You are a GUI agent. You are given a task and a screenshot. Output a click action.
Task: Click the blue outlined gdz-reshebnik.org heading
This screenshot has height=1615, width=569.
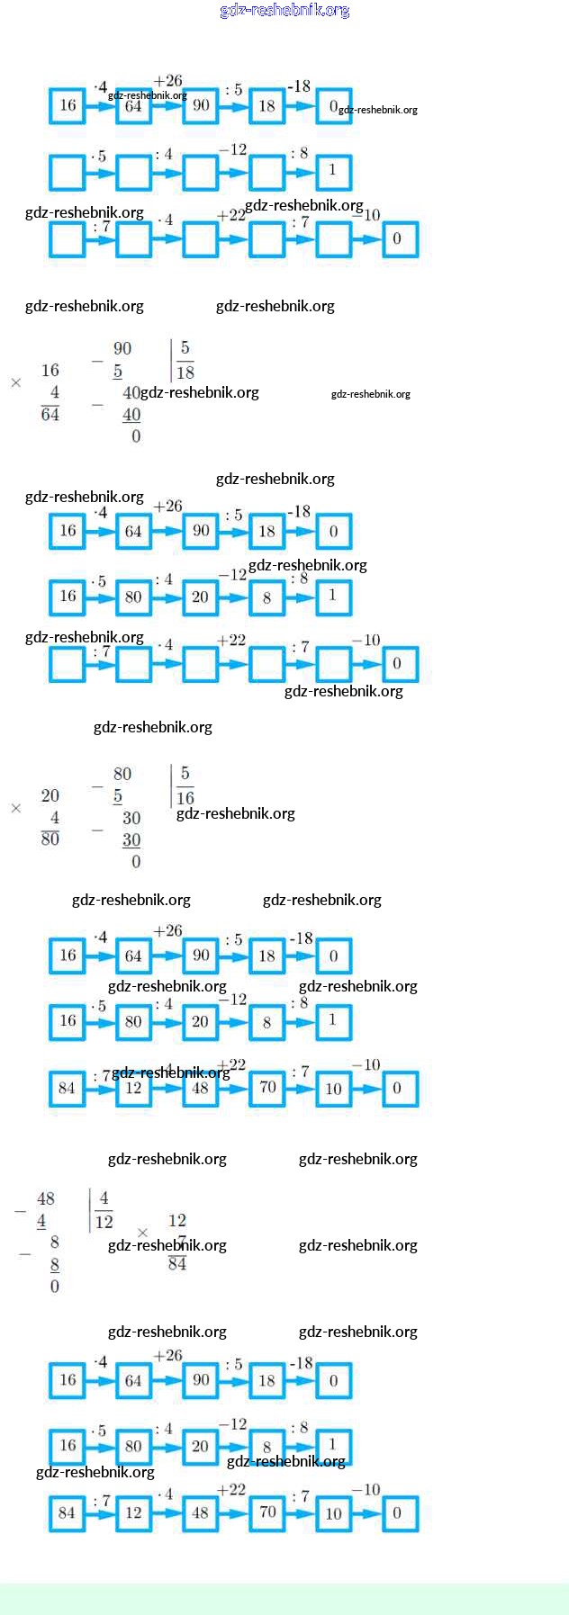[284, 10]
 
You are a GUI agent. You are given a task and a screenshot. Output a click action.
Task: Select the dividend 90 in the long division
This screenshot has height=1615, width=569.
[122, 349]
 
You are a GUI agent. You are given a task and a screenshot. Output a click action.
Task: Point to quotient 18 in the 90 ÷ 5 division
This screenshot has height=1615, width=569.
[185, 372]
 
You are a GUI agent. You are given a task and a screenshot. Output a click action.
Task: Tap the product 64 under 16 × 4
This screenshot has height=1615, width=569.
[50, 414]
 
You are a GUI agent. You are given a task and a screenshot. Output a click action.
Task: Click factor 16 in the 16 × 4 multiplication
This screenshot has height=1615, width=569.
[50, 370]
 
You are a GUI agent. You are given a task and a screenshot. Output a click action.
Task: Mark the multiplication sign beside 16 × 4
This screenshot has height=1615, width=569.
[16, 383]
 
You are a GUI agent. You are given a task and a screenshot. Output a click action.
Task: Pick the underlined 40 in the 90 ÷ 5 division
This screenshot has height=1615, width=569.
[131, 415]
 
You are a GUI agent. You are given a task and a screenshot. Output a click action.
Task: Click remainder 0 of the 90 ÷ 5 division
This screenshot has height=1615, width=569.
[136, 436]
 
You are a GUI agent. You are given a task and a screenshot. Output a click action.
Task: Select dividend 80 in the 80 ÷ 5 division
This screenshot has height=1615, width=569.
[122, 774]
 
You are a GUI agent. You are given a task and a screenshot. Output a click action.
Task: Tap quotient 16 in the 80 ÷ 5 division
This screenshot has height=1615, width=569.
[185, 798]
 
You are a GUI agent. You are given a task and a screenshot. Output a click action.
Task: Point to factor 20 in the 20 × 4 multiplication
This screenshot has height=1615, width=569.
[50, 795]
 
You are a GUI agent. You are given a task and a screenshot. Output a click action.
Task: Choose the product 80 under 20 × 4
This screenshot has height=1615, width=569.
[50, 839]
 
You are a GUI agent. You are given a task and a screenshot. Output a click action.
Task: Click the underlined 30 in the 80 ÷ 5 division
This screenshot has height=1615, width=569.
[131, 840]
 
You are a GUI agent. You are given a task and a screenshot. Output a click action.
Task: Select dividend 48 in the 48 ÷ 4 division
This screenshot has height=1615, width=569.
[46, 1198]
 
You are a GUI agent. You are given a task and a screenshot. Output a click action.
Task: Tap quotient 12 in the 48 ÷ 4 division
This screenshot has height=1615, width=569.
[104, 1222]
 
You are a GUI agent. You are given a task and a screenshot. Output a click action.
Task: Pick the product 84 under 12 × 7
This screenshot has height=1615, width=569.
[177, 1264]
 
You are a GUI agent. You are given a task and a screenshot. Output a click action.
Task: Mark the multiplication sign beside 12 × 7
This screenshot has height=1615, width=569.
[142, 1233]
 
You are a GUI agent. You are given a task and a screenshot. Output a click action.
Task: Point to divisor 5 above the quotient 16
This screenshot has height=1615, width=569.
[185, 774]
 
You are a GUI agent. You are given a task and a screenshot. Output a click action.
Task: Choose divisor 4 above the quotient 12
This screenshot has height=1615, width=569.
[104, 1198]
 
